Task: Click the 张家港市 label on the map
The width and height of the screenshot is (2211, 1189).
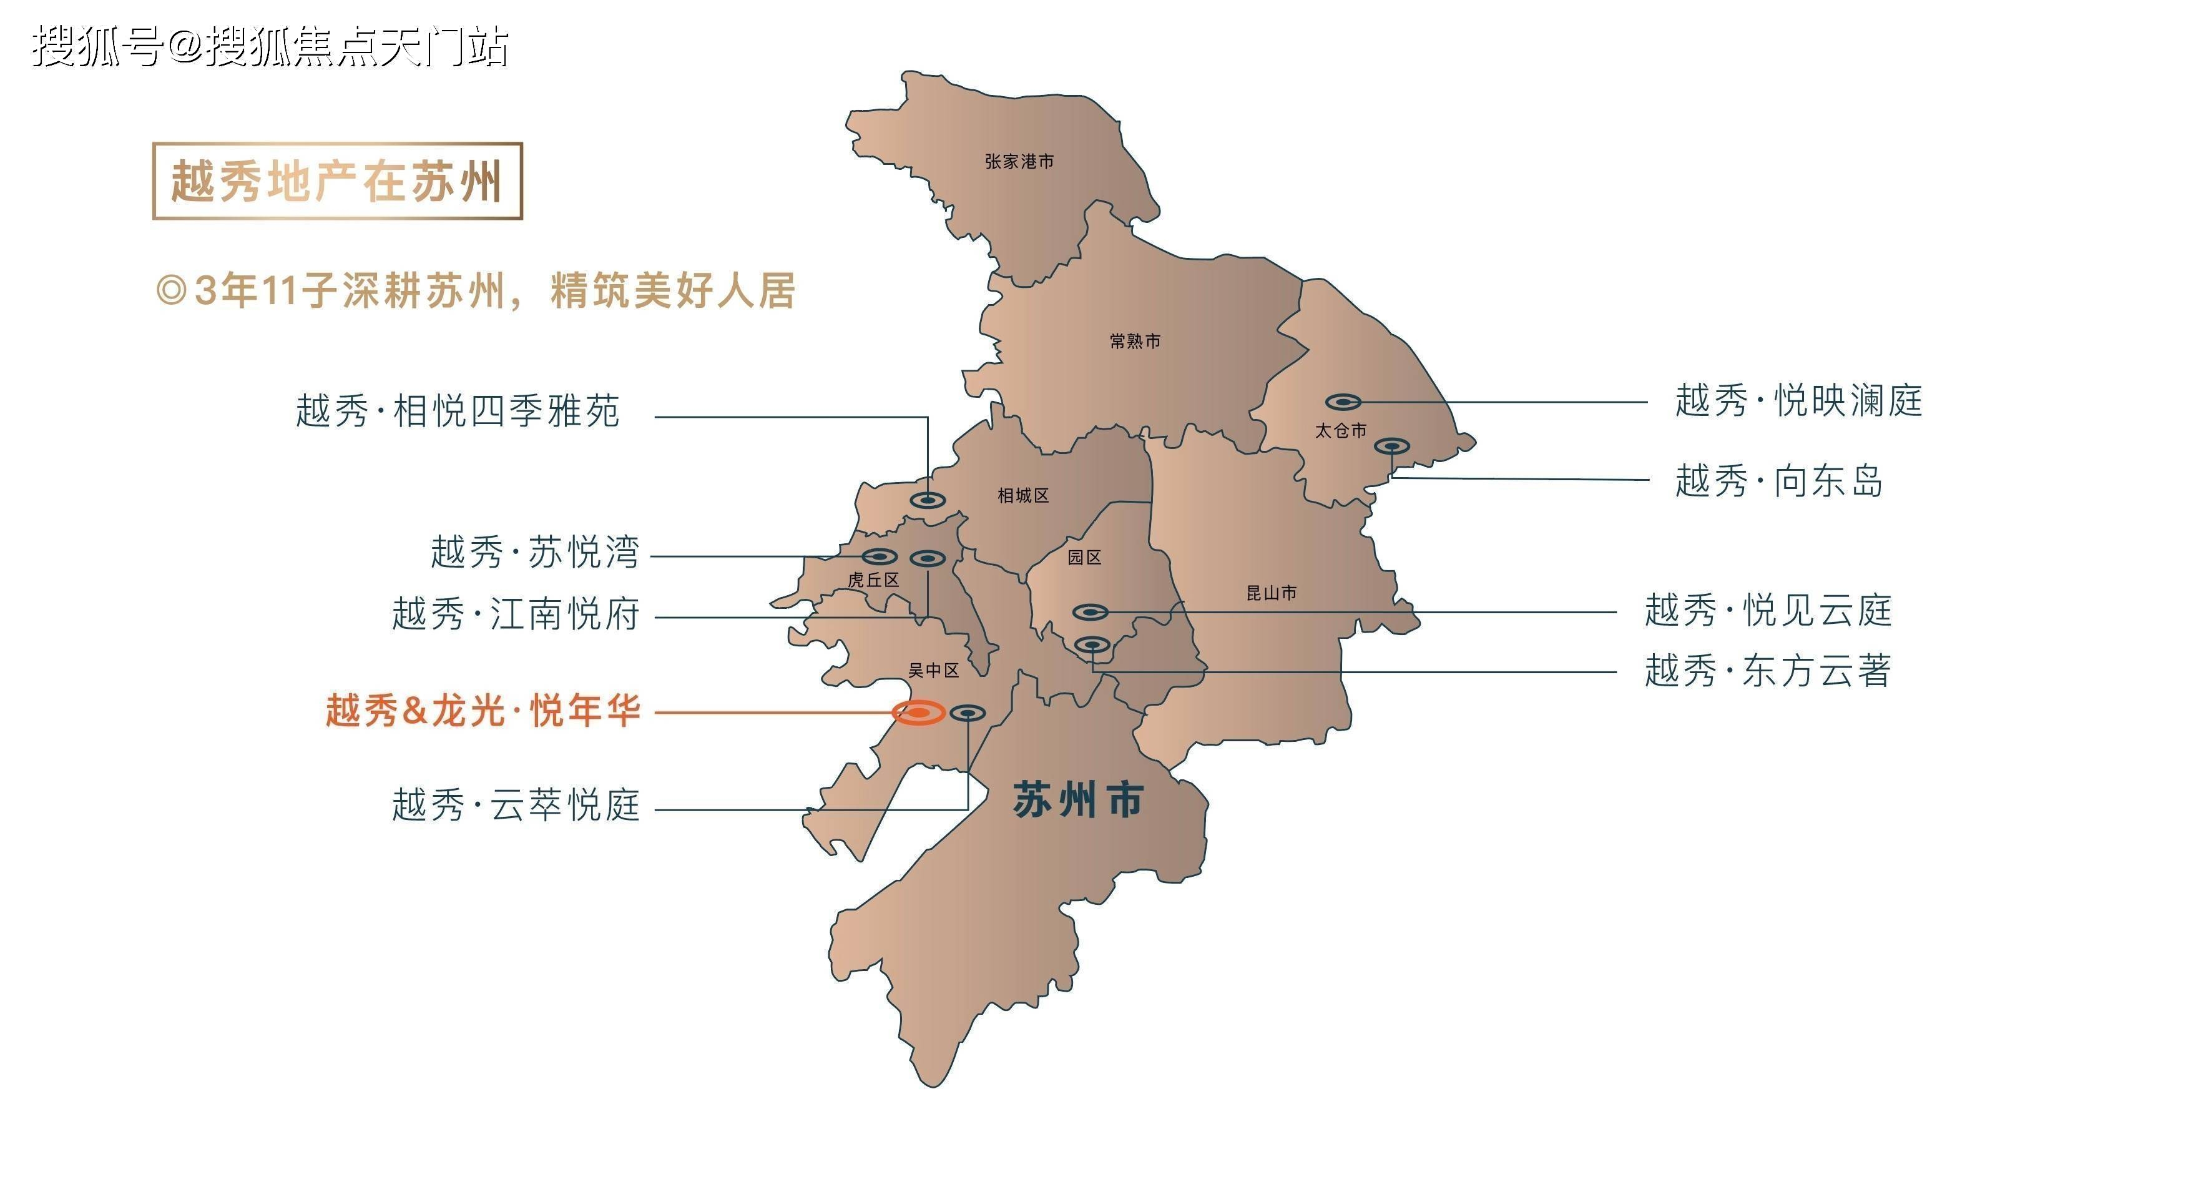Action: click(1019, 161)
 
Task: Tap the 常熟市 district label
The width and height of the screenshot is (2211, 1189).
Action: click(1135, 342)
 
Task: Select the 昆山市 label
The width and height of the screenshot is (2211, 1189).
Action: click(1271, 593)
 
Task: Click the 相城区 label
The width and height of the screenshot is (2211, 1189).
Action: click(1023, 495)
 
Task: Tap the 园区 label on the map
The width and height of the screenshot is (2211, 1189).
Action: click(1084, 557)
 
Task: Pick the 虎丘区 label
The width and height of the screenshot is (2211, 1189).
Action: click(873, 580)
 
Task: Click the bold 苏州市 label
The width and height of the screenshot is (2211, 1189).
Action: click(1078, 800)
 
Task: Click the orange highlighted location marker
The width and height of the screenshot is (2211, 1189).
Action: click(918, 713)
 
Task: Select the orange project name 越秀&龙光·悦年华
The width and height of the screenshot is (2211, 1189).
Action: click(483, 712)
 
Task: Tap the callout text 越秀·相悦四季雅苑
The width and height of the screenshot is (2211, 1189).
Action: click(458, 411)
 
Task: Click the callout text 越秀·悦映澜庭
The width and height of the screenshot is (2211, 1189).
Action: click(1798, 401)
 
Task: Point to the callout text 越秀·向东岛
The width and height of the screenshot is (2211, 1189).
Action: click(1779, 481)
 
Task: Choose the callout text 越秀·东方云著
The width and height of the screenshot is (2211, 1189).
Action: click(1768, 671)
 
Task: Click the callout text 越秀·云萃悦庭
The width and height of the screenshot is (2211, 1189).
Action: click(516, 805)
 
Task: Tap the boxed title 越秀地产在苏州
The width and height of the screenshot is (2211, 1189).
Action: click(336, 181)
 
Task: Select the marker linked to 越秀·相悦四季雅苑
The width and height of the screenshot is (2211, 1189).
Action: click(928, 500)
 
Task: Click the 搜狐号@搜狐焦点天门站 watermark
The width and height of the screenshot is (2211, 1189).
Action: click(270, 46)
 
